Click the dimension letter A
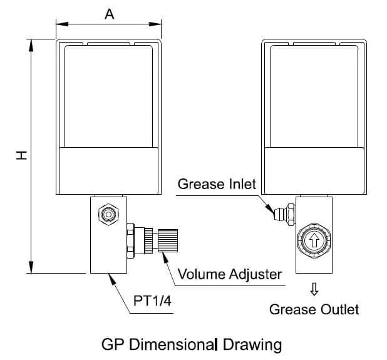[110, 14]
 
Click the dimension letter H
[21, 155]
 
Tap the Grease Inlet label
[217, 184]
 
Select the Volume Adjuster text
[230, 274]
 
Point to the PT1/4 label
[152, 301]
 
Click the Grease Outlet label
[314, 309]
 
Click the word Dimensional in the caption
[172, 344]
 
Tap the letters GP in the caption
[112, 344]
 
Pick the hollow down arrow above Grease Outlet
[314, 289]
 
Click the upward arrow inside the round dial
[314, 240]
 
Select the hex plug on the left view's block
[108, 214]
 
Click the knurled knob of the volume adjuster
[168, 240]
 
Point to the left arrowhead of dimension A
[62, 24]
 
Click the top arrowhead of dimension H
[31, 46]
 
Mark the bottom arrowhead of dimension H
[31, 267]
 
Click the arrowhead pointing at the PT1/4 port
[112, 279]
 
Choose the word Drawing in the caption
[252, 345]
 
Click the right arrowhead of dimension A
[155, 24]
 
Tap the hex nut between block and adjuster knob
[130, 240]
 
